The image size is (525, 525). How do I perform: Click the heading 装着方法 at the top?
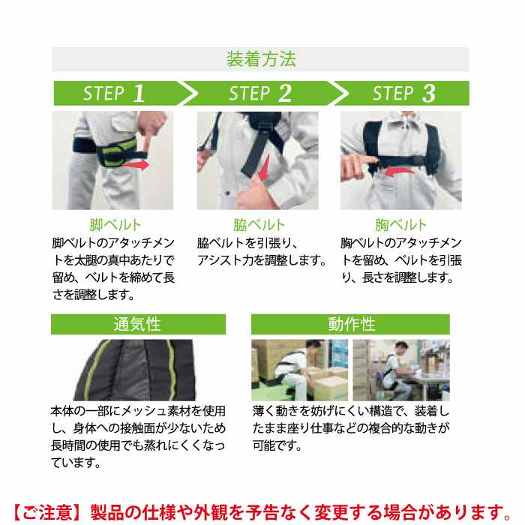pyautogui.click(x=261, y=59)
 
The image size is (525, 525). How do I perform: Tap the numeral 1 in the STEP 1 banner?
pyautogui.click(x=139, y=93)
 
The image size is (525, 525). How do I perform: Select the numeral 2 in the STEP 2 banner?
pyautogui.click(x=284, y=93)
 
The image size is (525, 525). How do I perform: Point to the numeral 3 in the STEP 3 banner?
pyautogui.click(x=429, y=93)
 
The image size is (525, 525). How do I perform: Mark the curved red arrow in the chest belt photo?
pyautogui.click(x=400, y=172)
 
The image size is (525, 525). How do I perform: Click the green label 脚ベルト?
pyautogui.click(x=115, y=225)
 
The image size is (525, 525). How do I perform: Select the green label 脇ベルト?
pyautogui.click(x=259, y=225)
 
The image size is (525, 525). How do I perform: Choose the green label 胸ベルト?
pyautogui.click(x=400, y=225)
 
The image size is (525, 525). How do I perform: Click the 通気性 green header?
pyautogui.click(x=138, y=324)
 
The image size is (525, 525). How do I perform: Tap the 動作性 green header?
pyautogui.click(x=350, y=324)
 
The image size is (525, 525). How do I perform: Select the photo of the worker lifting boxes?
pyautogui.click(x=300, y=370)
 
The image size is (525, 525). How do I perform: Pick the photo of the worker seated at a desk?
pyautogui.click(x=401, y=370)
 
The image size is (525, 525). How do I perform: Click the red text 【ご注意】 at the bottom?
pyautogui.click(x=46, y=512)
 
